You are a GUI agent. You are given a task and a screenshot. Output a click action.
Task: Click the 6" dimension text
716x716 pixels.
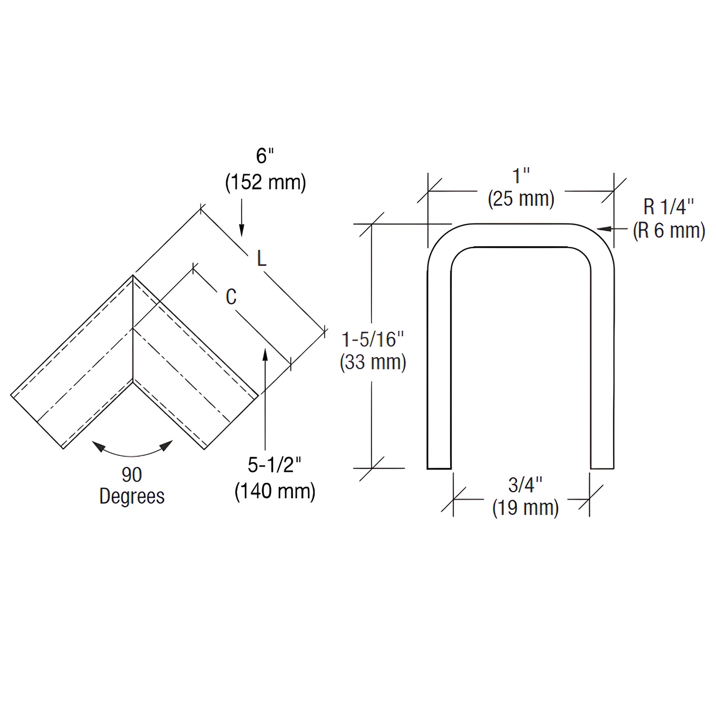[264, 156]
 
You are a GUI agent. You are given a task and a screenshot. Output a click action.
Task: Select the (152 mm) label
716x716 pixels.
[265, 182]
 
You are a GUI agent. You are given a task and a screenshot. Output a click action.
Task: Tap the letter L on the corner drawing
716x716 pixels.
[262, 259]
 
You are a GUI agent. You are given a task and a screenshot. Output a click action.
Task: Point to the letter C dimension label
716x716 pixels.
[231, 297]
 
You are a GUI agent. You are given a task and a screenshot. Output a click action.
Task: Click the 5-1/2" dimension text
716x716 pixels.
[274, 465]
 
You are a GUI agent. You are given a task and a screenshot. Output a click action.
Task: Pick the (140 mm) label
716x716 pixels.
[275, 491]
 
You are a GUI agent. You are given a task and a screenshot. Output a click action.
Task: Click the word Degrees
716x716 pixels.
[132, 496]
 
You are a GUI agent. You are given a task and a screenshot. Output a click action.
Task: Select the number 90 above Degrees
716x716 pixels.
[132, 475]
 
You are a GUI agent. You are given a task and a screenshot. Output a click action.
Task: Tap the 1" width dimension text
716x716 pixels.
[521, 176]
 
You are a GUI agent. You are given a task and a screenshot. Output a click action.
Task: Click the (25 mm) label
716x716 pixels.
[521, 199]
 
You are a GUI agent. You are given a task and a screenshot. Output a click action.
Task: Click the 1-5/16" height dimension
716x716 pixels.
[372, 340]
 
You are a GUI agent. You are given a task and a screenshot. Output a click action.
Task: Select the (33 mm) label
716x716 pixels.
[373, 362]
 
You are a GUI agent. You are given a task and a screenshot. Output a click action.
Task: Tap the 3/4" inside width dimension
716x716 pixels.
[525, 484]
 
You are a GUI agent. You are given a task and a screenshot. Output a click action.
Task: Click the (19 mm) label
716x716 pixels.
[525, 507]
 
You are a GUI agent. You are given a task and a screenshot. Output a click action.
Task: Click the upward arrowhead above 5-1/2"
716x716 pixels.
[265, 354]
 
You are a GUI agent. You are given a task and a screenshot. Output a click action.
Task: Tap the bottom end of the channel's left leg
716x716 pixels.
[439, 468]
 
